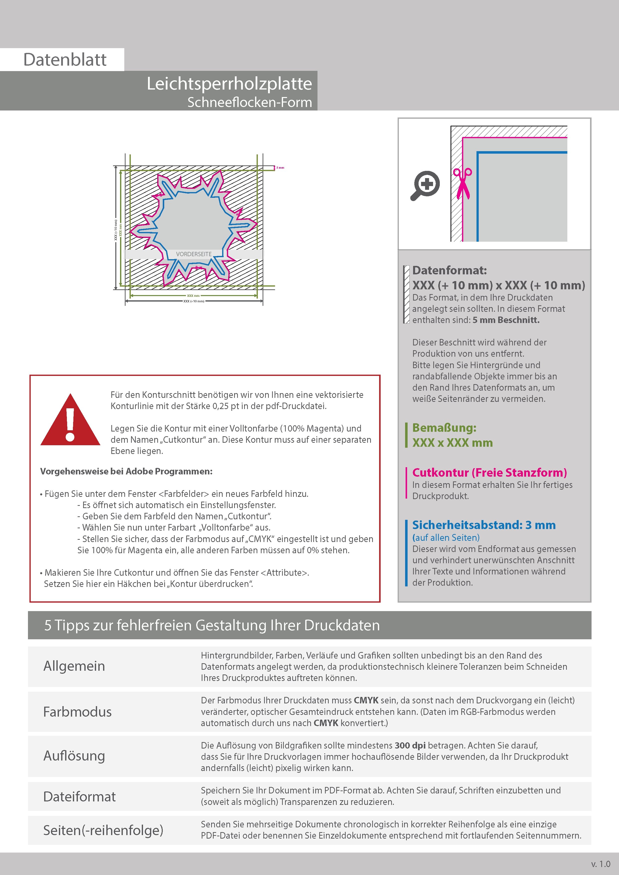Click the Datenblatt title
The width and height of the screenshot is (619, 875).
point(65,60)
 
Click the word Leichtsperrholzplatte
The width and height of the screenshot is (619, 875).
point(229,84)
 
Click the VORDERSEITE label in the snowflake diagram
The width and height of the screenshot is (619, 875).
point(194,254)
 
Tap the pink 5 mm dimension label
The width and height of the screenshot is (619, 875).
point(280,168)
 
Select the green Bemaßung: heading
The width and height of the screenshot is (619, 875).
point(444,428)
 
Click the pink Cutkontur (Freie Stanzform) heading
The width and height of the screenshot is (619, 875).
point(489,473)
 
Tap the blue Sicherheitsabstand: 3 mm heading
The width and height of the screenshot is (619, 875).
point(484,525)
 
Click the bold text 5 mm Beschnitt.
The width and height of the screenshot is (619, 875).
point(506,320)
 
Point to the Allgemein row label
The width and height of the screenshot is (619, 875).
point(74,666)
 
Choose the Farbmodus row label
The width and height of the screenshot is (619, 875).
point(77,712)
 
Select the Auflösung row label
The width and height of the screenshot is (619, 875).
point(74,756)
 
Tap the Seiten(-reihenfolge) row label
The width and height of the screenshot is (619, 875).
point(103,830)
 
